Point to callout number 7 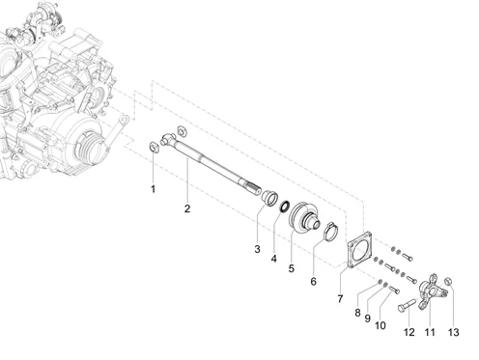[339, 300]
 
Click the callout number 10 [380, 326]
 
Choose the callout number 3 [257, 250]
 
